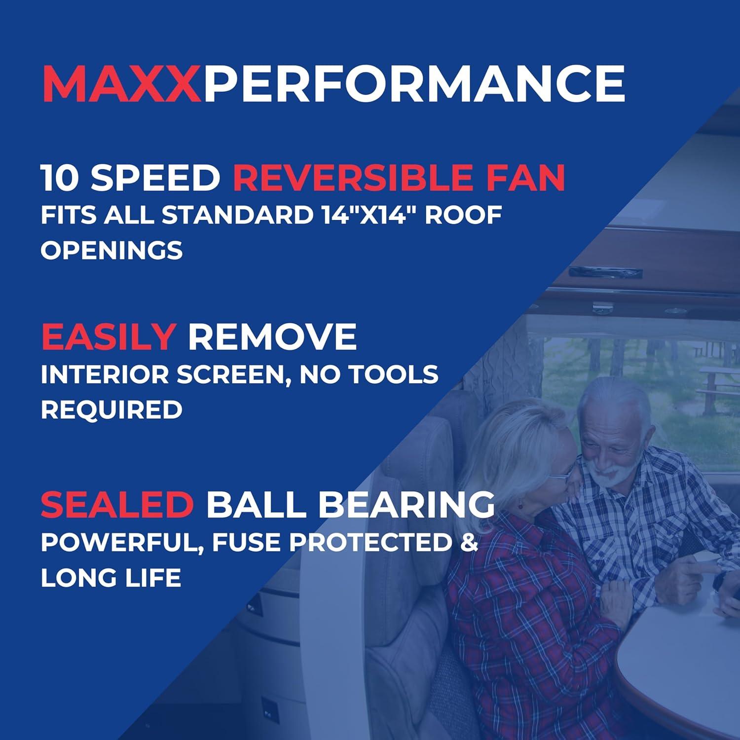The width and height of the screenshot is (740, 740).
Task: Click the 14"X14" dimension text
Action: [x=367, y=215]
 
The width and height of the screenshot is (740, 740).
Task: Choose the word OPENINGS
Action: [x=111, y=251]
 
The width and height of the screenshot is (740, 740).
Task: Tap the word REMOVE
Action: [x=272, y=337]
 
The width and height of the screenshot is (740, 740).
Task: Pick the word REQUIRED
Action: [x=111, y=410]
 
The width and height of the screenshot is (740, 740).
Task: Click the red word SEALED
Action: [x=117, y=504]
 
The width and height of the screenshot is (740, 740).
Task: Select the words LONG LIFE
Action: [x=111, y=578]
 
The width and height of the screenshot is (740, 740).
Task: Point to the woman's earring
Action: [x=519, y=505]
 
